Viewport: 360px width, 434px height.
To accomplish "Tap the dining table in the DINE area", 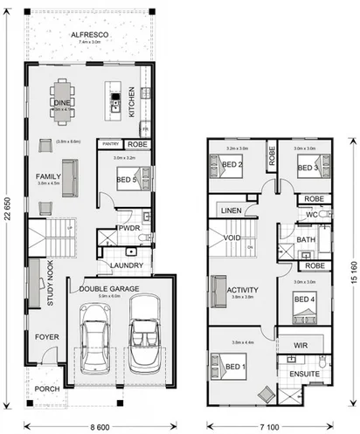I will pos(62,100).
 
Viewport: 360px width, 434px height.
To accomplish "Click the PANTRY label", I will pos(111,143).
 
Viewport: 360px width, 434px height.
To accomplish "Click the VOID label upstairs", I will pos(233,238).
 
